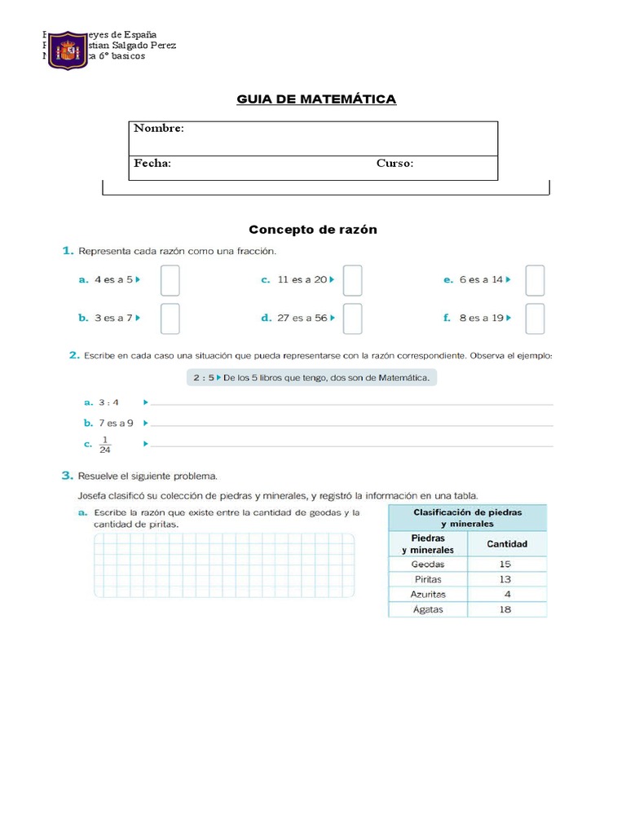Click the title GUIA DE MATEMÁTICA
[316, 99]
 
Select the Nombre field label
[159, 129]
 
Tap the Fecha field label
[152, 164]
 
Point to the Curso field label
[395, 164]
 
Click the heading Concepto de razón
[313, 230]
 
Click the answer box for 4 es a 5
[170, 280]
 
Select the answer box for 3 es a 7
[170, 318]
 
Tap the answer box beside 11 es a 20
[352, 280]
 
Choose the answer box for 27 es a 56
[352, 318]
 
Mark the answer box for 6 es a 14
[535, 280]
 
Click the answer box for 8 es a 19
[535, 318]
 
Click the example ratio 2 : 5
[204, 378]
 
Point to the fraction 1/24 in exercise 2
[105, 444]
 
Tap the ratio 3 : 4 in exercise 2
[108, 402]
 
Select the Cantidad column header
[506, 544]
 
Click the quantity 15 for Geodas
[505, 564]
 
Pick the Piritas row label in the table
[428, 579]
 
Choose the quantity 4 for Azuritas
[507, 594]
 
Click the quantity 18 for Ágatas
[505, 609]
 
